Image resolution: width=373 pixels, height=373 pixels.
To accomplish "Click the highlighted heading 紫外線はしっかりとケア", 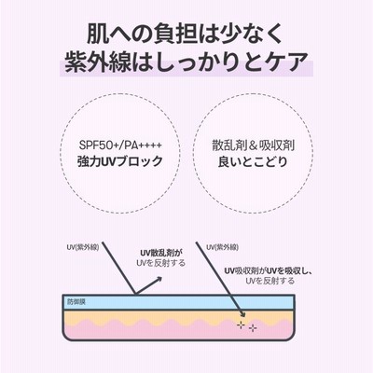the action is click(x=186, y=62).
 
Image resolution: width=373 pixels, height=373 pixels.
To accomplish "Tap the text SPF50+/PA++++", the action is click(x=120, y=145).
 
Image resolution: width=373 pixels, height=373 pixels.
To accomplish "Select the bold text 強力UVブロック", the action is click(x=120, y=161).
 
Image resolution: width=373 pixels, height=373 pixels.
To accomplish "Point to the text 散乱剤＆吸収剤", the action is click(x=254, y=145).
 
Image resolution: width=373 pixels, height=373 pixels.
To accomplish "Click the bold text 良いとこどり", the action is click(x=253, y=161).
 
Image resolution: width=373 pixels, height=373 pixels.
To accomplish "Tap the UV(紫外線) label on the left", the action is click(x=83, y=247).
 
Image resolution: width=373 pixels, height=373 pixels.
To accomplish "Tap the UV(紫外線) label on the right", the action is click(x=222, y=247).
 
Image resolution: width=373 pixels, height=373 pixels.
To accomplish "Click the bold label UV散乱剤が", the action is click(x=161, y=253).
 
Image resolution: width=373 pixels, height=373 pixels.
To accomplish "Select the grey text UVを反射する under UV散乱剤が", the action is click(x=161, y=263).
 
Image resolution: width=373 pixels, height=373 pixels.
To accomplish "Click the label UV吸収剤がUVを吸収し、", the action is click(x=269, y=271).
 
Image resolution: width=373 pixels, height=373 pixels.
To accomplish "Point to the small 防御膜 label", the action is click(x=76, y=301).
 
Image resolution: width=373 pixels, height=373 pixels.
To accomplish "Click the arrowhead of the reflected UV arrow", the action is click(x=158, y=279).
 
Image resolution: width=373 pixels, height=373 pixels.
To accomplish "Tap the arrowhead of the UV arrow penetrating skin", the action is click(x=242, y=313).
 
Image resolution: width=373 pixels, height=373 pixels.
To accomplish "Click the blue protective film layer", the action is click(x=179, y=302).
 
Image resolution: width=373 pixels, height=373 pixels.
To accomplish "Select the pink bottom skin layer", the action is click(x=179, y=331).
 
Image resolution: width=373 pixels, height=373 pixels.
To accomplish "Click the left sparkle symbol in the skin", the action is click(x=241, y=325).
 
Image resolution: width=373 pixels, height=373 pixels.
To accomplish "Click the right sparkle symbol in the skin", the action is click(x=253, y=328).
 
